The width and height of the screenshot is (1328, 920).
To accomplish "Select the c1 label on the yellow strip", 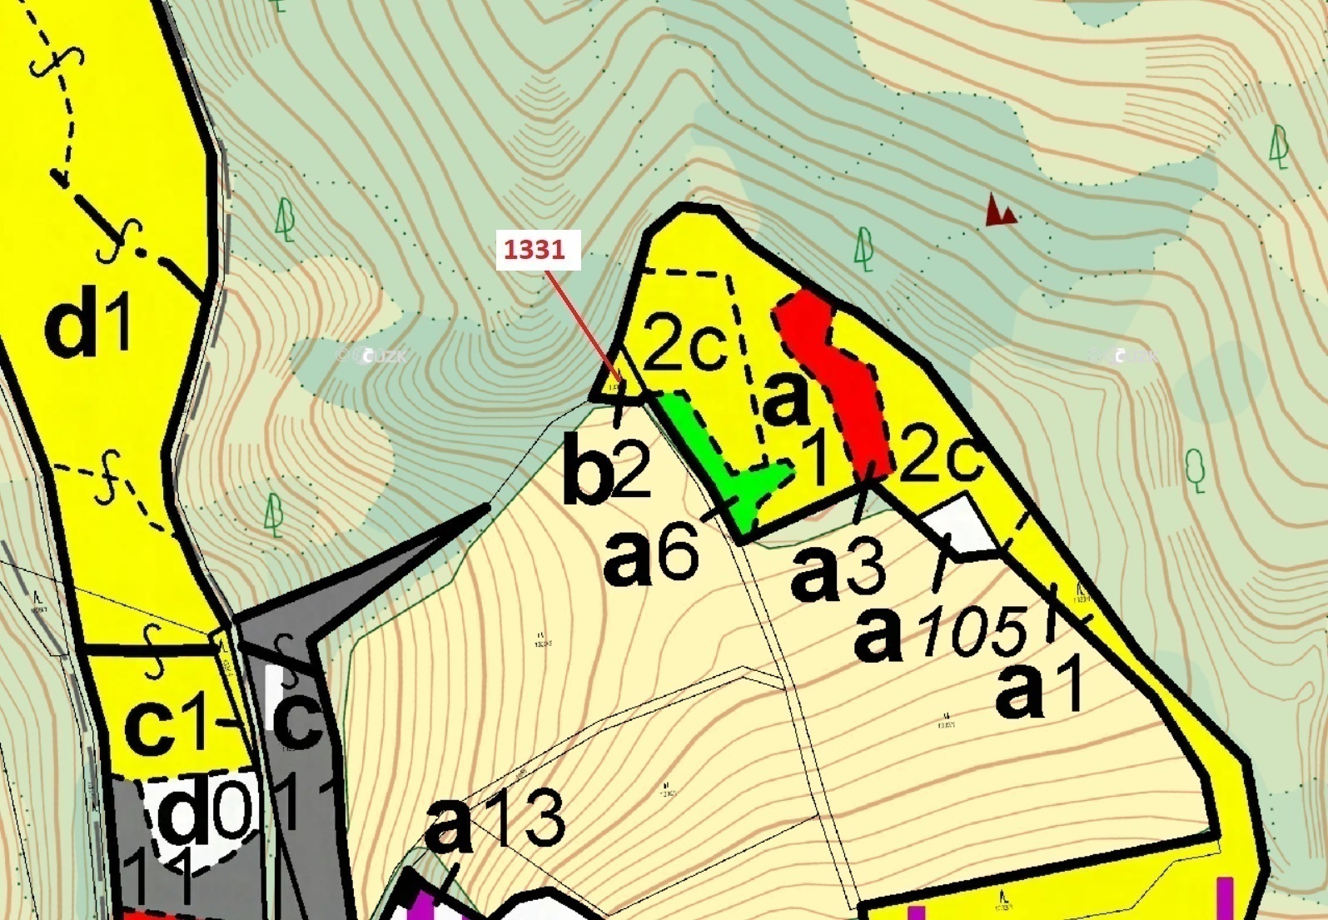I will point(167,727).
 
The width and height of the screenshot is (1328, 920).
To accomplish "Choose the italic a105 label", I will point(942,633).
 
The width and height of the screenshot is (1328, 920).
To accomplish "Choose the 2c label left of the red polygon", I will point(685,345).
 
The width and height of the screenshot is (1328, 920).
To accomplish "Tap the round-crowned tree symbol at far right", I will point(1196,470).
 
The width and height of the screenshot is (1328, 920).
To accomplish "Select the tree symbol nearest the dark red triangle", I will point(864,250).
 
